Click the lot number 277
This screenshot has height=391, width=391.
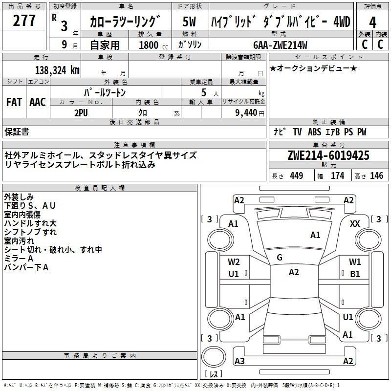click(24, 21)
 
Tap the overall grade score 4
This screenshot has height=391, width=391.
click(372, 22)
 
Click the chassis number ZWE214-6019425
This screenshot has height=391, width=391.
click(328, 155)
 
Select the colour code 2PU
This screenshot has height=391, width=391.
click(81, 112)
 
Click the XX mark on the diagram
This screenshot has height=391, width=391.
click(355, 223)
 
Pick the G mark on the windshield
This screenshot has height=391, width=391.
click(280, 258)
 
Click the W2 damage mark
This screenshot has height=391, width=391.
click(234, 262)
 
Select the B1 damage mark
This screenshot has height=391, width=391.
click(355, 274)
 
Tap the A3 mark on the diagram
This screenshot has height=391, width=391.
click(239, 361)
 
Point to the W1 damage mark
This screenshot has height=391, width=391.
click(355, 262)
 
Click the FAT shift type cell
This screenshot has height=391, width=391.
click(14, 102)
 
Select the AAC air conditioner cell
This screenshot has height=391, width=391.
click(38, 102)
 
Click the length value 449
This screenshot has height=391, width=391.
click(296, 176)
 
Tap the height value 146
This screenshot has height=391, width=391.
click(376, 176)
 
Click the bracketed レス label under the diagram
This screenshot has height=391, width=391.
click(214, 374)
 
